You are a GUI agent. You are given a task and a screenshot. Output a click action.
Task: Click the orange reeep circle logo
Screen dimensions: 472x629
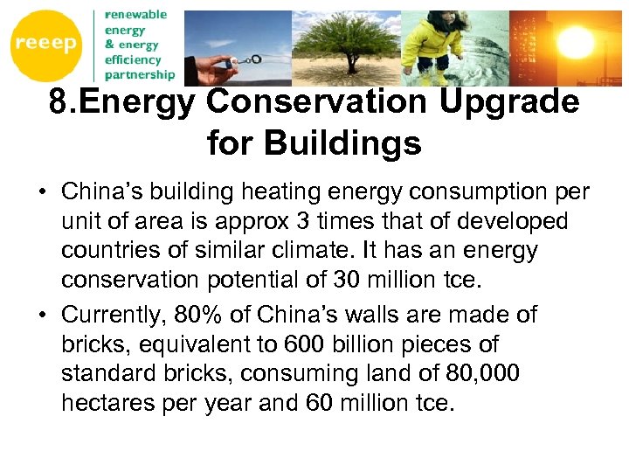[x=45, y=45]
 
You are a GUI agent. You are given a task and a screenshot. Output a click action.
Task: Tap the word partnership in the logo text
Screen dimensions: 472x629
[x=139, y=74]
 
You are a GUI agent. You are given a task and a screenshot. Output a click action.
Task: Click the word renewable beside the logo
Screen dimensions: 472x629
[x=135, y=15]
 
